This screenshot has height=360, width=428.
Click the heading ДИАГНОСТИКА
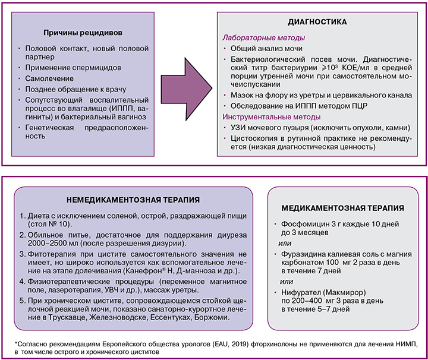[x=317, y=22]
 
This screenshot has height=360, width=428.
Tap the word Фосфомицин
[x=295, y=224]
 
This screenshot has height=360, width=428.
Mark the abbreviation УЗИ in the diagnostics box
[x=234, y=128]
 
